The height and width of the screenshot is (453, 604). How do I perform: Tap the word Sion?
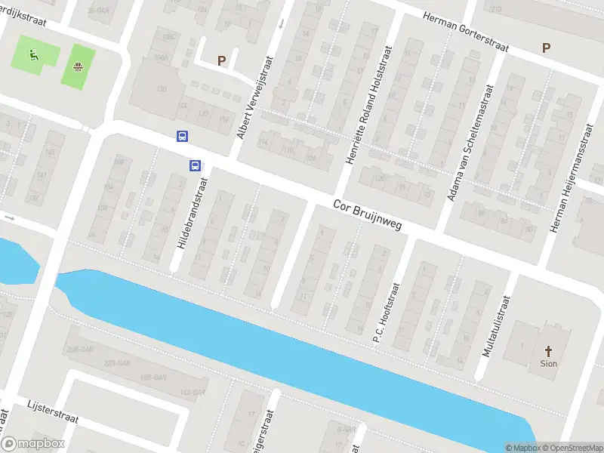click(549, 363)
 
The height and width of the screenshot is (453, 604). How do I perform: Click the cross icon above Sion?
click(549, 350)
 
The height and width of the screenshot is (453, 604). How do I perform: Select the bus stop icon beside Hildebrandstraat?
click(195, 165)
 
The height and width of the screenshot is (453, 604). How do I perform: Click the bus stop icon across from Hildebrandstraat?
click(182, 136)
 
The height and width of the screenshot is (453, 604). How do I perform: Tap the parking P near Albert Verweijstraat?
click(221, 60)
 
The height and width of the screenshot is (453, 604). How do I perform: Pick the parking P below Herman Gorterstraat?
click(546, 48)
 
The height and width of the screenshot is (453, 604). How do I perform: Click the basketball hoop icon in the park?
click(78, 66)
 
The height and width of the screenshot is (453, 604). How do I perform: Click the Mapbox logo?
click(33, 444)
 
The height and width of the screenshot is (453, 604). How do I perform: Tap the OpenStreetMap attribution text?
click(571, 448)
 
